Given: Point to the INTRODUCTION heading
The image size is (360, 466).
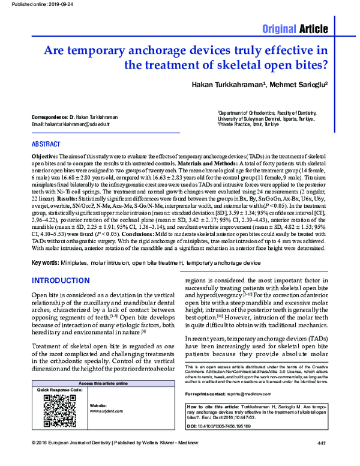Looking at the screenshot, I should coord(60,281).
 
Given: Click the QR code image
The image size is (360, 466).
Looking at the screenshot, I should coord(53,414).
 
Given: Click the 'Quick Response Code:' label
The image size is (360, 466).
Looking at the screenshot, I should coord(59,390).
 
